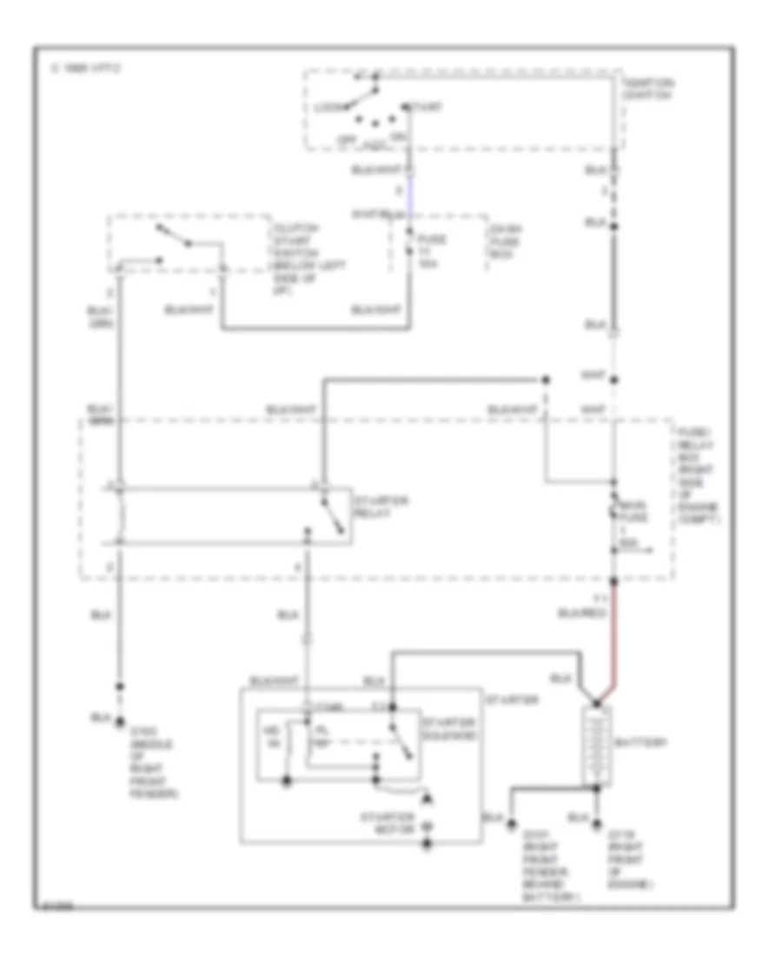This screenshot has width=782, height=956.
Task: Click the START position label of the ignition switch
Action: [x=426, y=107]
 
